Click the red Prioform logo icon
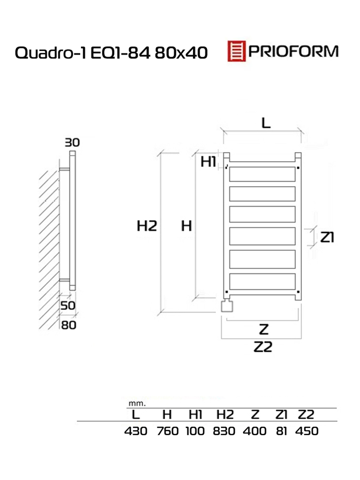[x=236, y=51]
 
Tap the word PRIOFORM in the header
[x=293, y=51]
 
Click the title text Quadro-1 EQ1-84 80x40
[x=111, y=53]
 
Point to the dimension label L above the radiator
[x=266, y=123]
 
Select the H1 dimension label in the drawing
[x=208, y=162]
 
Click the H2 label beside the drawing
[x=147, y=226]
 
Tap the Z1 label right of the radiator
[x=327, y=237]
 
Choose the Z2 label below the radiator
[x=263, y=347]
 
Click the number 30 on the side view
[x=72, y=143]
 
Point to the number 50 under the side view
[x=68, y=306]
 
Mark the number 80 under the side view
[x=68, y=325]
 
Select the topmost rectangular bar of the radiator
[x=262, y=174]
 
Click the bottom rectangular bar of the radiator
[x=262, y=281]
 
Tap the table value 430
[x=136, y=431]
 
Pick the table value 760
[x=168, y=431]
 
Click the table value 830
[x=224, y=431]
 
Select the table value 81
[x=282, y=431]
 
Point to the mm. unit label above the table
[x=137, y=404]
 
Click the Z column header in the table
[x=255, y=414]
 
